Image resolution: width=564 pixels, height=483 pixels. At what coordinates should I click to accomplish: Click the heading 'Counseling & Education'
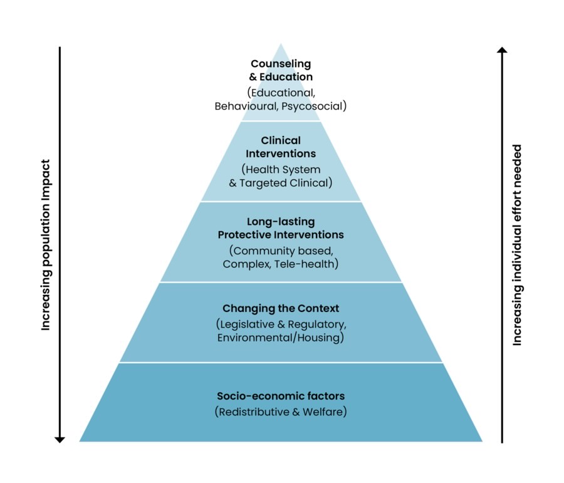tap(281, 70)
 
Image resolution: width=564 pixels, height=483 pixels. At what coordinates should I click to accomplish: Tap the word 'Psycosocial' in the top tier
tap(313, 106)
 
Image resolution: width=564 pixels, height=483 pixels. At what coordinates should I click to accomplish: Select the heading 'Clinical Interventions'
tap(281, 147)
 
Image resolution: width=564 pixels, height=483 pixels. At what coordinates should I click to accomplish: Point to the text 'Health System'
tap(283, 169)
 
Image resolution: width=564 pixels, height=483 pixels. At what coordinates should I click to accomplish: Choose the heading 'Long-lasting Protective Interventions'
tap(281, 228)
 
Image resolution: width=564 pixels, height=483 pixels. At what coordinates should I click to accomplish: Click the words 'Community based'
tap(283, 251)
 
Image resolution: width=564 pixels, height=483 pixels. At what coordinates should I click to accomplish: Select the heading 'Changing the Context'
tap(281, 308)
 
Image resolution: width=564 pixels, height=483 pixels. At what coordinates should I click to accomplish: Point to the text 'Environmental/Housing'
tap(281, 338)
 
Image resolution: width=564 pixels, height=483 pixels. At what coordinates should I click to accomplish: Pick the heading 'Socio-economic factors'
tap(281, 396)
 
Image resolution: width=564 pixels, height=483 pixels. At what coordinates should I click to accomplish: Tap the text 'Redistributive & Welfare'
tap(281, 412)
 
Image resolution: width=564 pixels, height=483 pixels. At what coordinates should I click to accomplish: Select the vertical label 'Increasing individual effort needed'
tap(517, 244)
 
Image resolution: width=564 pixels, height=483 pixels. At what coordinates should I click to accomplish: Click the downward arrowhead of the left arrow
tap(60, 439)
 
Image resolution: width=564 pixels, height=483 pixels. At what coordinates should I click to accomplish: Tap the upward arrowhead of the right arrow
tap(502, 49)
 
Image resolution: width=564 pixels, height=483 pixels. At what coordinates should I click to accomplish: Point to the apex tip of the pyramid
tap(281, 44)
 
